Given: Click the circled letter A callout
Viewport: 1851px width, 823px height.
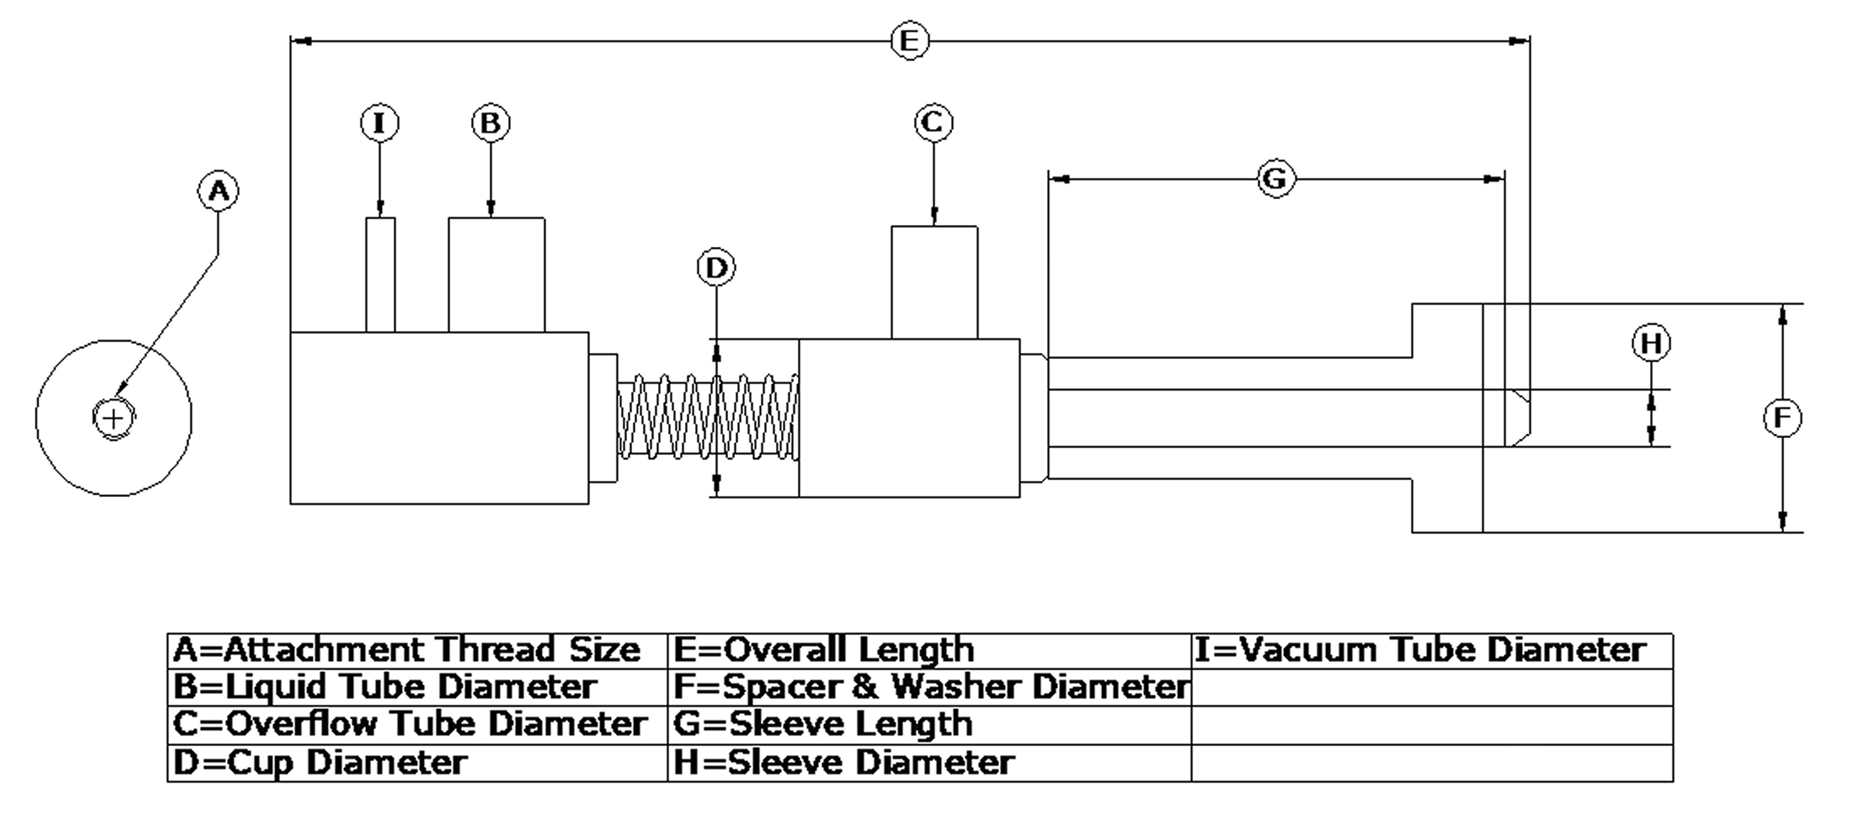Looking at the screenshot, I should (x=218, y=191).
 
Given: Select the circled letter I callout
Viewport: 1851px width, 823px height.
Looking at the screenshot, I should (x=380, y=123).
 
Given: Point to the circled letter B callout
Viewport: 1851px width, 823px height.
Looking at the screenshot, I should (x=491, y=123).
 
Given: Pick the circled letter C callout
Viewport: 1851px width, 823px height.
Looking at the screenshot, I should (x=934, y=123).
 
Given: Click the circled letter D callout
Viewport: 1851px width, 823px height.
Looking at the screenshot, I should (x=717, y=268).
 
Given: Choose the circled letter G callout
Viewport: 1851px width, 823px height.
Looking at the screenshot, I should (x=1276, y=178).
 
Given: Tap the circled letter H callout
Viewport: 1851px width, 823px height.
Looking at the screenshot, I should (x=1651, y=343).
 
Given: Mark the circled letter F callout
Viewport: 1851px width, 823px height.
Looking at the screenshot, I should (x=1782, y=418).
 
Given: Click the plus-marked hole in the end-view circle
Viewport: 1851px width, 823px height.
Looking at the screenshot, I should (x=113, y=418).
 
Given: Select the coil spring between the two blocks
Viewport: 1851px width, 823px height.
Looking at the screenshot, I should (x=708, y=417).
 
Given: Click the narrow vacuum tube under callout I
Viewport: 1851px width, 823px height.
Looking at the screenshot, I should (x=380, y=275).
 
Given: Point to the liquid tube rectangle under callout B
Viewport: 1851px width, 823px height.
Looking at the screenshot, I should (x=497, y=275).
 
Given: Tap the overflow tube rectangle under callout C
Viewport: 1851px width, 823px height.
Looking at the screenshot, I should (x=934, y=282).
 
